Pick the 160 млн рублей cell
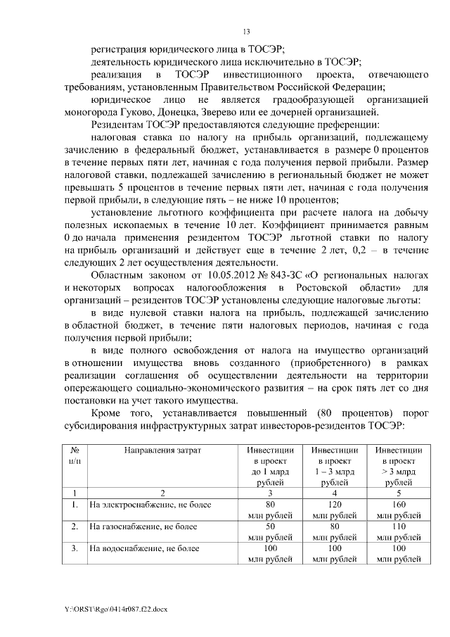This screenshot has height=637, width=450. [399, 510]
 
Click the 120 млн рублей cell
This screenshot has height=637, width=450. [335, 510]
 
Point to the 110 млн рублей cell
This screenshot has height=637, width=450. [399, 531]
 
